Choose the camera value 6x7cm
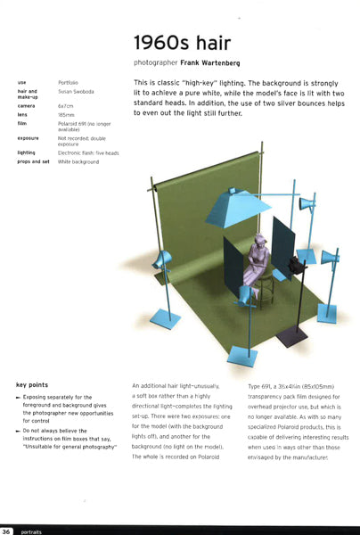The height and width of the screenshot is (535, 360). [x=66, y=105]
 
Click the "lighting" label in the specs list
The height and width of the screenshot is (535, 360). [x=27, y=152]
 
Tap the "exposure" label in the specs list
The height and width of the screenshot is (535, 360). [x=28, y=138]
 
